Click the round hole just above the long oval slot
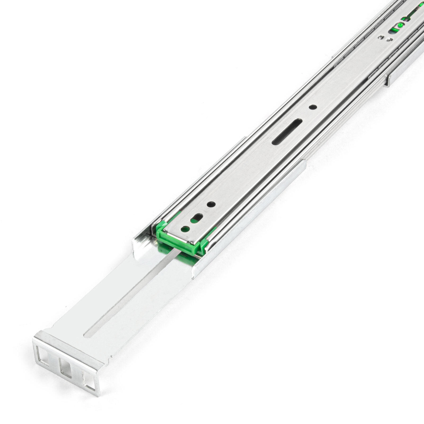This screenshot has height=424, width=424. point(313,107)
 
